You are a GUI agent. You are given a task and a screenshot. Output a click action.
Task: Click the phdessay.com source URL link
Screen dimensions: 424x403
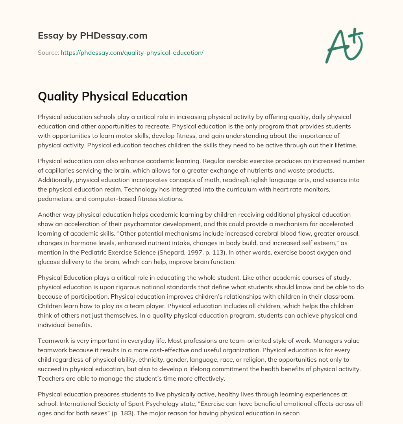coord(132,52)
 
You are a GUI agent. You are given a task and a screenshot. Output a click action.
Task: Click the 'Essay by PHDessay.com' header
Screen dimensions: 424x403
coord(92,35)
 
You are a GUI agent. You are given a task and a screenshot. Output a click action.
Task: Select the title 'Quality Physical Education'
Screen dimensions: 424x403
coord(113,97)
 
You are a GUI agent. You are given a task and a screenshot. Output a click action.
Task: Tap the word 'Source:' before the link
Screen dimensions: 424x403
coord(48,52)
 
